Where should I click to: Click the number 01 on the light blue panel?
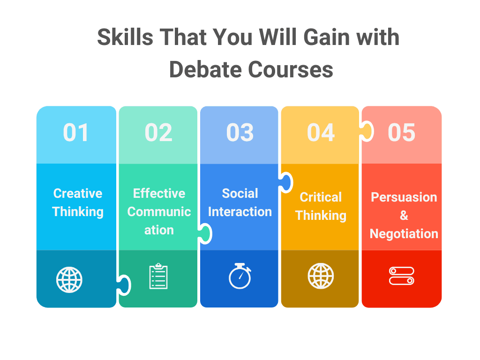tap(76, 133)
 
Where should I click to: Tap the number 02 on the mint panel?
tap(158, 133)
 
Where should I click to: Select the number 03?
tap(240, 133)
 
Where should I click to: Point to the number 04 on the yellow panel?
tap(321, 133)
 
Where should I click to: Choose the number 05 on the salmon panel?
tap(402, 133)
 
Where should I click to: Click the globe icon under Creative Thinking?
tap(69, 279)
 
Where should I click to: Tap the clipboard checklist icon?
tap(158, 277)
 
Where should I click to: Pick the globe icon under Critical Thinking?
tap(321, 276)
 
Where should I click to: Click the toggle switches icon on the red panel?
tap(402, 276)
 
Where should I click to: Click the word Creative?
tap(78, 194)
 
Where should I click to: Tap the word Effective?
tap(159, 194)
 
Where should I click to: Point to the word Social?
tap(240, 194)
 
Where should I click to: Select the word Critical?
tap(321, 197)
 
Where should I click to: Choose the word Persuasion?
tap(404, 197)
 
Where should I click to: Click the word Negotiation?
tap(404, 233)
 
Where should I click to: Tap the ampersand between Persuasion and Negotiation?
tap(404, 216)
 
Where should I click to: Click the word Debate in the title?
tap(205, 70)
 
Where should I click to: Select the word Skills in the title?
tap(125, 37)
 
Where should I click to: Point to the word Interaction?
tap(240, 212)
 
